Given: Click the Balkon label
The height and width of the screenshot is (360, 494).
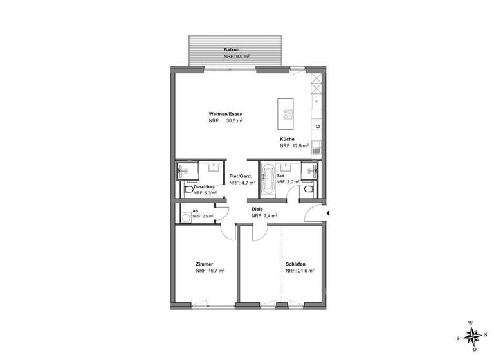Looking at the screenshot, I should coord(232,50).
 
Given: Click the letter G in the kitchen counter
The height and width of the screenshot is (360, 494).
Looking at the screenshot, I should coord(317,127).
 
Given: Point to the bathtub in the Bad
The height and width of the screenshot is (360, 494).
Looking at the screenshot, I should coord(267,183).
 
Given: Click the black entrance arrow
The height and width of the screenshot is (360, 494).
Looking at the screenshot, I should coord(327,213).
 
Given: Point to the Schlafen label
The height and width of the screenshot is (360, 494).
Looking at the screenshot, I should coord(295,264).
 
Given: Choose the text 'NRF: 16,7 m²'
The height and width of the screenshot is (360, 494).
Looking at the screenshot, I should coord(210,271).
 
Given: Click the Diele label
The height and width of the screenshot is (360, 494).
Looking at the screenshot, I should coord(257,210).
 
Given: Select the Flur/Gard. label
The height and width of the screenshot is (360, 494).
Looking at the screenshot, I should coord(240,175).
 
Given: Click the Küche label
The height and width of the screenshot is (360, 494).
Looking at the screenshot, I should coord(287,139).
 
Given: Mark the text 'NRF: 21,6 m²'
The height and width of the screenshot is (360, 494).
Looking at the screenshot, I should coord(300,271).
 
